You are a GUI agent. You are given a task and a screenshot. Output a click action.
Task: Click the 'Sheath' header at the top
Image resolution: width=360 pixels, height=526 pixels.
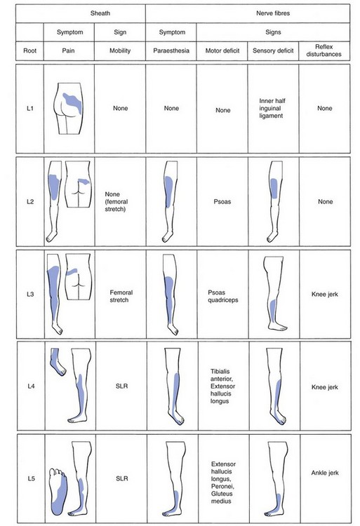tap(100, 13)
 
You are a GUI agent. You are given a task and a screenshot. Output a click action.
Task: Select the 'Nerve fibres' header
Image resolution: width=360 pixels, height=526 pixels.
tap(273, 13)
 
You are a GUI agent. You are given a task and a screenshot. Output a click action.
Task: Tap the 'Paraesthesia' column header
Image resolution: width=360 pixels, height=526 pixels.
tap(171, 50)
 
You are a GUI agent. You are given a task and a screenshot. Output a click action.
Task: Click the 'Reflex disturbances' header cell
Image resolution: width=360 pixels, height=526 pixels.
tap(324, 50)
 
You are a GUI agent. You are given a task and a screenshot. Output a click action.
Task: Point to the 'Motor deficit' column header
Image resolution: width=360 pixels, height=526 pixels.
tap(222, 50)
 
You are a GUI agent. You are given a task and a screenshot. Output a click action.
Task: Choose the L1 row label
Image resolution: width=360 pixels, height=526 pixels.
tap(30, 108)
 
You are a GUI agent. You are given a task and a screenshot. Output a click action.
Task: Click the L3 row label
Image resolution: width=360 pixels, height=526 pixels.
tap(30, 294)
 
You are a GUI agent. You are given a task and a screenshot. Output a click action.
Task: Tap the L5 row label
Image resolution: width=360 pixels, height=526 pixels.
tap(31, 478)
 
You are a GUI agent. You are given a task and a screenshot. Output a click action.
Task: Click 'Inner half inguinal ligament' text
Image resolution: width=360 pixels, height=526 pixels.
tap(272, 108)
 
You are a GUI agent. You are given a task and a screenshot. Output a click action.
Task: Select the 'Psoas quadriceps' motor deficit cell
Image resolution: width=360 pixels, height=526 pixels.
tap(222, 296)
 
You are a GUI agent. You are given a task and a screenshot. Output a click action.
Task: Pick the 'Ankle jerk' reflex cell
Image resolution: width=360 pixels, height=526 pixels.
tap(325, 473)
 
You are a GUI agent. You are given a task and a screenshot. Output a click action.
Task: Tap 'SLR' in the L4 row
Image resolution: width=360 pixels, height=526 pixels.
tap(121, 386)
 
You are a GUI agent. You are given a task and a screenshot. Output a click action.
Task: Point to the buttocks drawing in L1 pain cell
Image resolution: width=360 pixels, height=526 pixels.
tap(68, 108)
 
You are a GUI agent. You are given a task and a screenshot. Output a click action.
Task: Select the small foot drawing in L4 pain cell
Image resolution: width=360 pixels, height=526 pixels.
tap(58, 362)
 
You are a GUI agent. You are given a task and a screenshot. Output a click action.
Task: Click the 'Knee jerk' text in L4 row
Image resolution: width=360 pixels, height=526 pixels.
tap(325, 387)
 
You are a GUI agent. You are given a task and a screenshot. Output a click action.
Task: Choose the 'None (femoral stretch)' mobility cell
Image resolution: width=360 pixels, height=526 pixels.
tap(116, 201)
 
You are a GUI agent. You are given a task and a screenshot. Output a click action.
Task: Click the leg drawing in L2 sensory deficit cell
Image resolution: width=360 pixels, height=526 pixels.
tap(275, 201)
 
